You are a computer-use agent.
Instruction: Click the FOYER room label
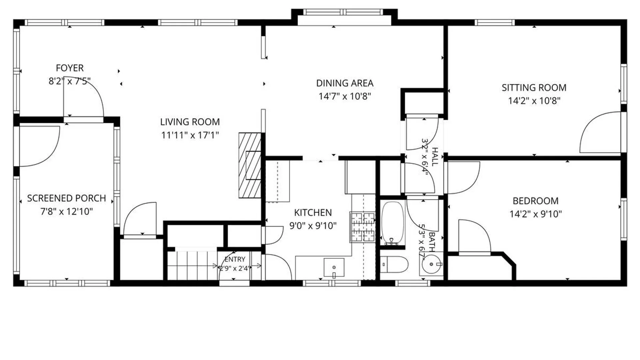[70, 68]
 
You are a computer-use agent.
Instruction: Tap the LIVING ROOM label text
[190, 122]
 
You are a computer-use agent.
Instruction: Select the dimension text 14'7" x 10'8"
[345, 96]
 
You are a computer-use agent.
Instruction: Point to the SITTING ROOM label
[534, 88]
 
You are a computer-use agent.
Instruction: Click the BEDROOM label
[535, 201]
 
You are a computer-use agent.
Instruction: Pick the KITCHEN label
[313, 213]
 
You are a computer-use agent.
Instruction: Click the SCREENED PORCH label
[66, 198]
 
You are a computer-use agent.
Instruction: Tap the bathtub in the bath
[392, 223]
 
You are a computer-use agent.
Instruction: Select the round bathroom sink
[431, 264]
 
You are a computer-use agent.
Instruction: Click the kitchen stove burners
[363, 227]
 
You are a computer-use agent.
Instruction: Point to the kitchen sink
[334, 267]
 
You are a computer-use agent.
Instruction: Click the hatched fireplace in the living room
[250, 165]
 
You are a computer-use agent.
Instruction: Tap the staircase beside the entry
[192, 266]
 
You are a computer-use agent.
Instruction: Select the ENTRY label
[235, 259]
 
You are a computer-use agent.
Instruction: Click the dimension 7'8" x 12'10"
[67, 212]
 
